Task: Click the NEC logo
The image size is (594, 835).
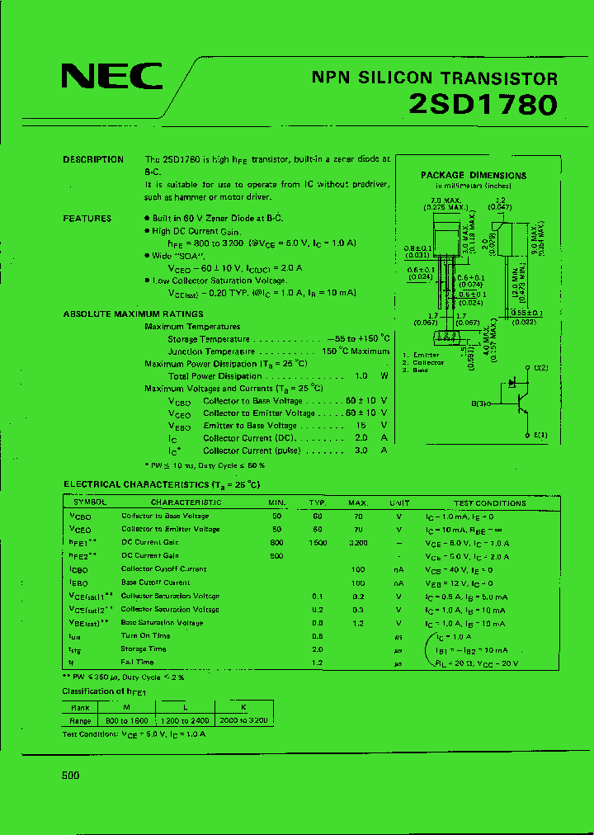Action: [112, 77]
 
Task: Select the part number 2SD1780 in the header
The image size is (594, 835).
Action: [483, 105]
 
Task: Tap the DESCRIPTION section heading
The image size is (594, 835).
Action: [93, 159]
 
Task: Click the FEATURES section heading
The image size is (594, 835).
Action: [87, 219]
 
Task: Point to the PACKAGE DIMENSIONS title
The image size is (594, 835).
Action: [474, 175]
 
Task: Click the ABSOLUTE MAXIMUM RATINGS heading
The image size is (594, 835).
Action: [133, 314]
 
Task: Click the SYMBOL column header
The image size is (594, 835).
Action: [89, 502]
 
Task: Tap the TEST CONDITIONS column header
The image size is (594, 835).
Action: [489, 502]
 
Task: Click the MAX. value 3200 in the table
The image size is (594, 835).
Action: [357, 542]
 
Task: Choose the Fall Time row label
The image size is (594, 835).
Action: [137, 662]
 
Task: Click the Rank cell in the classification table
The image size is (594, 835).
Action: [80, 707]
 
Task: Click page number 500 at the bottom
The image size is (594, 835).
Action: [71, 776]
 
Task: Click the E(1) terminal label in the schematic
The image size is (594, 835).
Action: [540, 435]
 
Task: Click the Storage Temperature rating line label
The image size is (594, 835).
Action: [208, 339]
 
